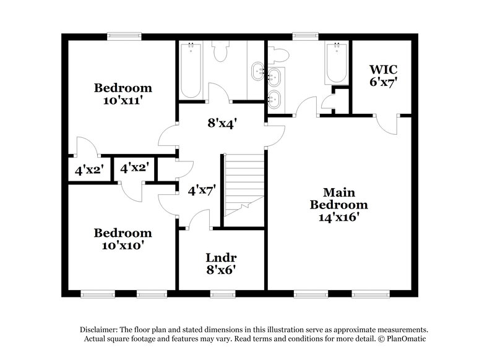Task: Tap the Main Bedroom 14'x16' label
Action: pos(338,205)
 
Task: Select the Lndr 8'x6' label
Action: pos(222,263)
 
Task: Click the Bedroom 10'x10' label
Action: pos(123,239)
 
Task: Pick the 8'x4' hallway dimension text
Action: pos(222,124)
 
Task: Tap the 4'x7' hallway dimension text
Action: pos(202,191)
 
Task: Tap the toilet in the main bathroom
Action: pos(278,54)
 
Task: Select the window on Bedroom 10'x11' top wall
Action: pos(124,35)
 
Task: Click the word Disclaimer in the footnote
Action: pos(99,330)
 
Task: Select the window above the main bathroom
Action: pos(301,35)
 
